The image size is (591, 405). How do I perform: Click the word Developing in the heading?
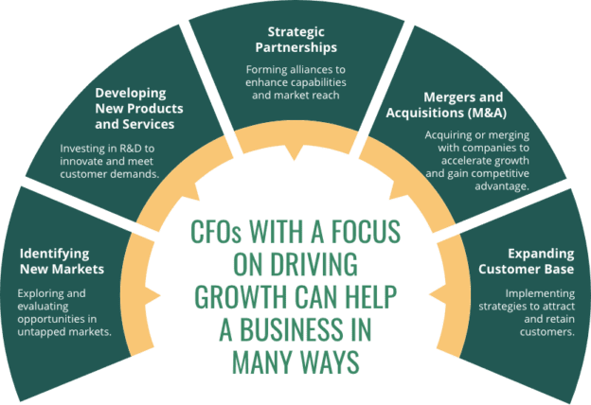point(131,95)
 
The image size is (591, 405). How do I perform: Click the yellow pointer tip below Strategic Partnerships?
point(297,154)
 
